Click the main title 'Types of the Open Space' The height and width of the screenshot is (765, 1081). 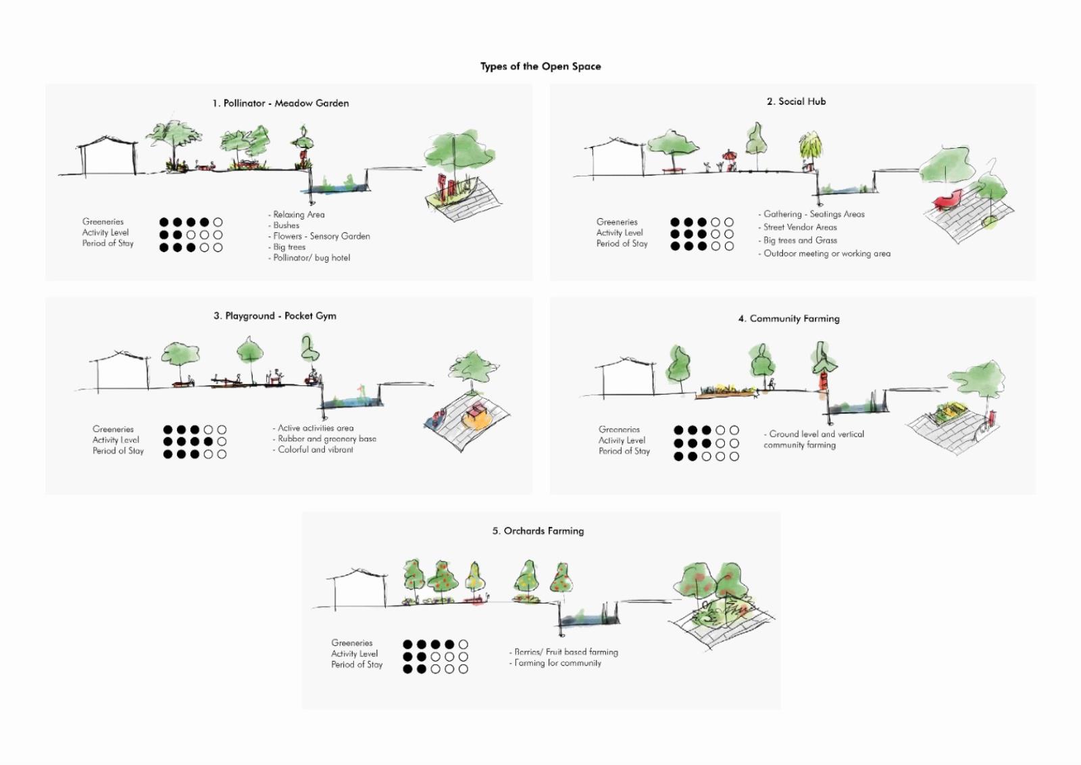540,66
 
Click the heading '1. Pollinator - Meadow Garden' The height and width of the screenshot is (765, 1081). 280,103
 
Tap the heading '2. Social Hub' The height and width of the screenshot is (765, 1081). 796,101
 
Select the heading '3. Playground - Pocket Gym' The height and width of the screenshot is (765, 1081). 275,316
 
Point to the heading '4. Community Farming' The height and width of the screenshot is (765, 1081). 788,318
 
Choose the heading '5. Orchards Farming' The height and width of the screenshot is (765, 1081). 538,531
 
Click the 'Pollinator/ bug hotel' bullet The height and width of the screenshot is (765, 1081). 311,257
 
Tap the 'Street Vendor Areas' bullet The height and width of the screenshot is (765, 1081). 799,227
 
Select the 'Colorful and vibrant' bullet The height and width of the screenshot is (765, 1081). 315,449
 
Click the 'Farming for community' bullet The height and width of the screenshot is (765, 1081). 557,663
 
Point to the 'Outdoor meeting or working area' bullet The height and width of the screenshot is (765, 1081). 826,253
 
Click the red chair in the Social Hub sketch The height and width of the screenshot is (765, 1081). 947,199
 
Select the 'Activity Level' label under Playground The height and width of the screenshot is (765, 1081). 116,440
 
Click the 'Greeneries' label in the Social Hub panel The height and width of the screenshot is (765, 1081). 617,222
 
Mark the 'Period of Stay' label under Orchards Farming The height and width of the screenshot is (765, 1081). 357,664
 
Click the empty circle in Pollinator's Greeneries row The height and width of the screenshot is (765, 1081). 218,222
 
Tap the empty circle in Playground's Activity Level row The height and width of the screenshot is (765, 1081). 222,442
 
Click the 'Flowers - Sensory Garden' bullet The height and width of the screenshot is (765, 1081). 321,236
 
